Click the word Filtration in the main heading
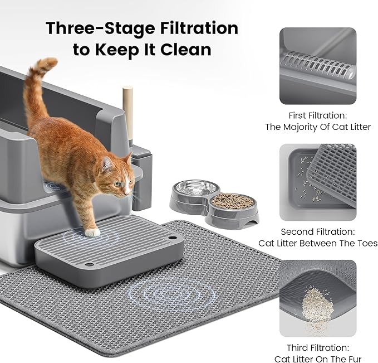coord(192,28)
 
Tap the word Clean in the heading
coord(185,49)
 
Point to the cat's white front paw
coord(92,231)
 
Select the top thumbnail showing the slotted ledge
coord(317,66)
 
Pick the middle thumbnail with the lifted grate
coord(317,182)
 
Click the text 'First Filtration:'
coord(317,115)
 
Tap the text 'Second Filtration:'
coord(317,231)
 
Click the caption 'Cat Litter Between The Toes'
coord(317,243)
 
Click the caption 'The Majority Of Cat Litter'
coord(317,127)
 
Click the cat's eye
coord(117,183)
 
